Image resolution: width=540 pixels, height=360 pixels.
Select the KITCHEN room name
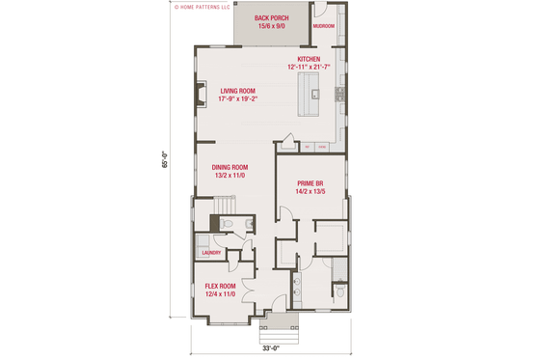(x=309, y=60)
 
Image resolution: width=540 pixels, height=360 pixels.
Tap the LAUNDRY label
(x=211, y=254)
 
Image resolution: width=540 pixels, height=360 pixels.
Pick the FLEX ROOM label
(x=220, y=286)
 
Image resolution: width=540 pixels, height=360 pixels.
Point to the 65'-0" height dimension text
(x=165, y=164)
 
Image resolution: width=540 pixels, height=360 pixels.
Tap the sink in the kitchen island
(x=315, y=94)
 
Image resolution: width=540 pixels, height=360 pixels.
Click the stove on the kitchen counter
(x=340, y=94)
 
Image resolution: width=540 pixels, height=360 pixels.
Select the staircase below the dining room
(x=224, y=207)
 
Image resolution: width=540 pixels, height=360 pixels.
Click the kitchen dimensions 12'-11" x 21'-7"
(x=309, y=68)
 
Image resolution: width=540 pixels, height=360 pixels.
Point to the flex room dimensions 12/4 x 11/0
(x=220, y=293)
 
